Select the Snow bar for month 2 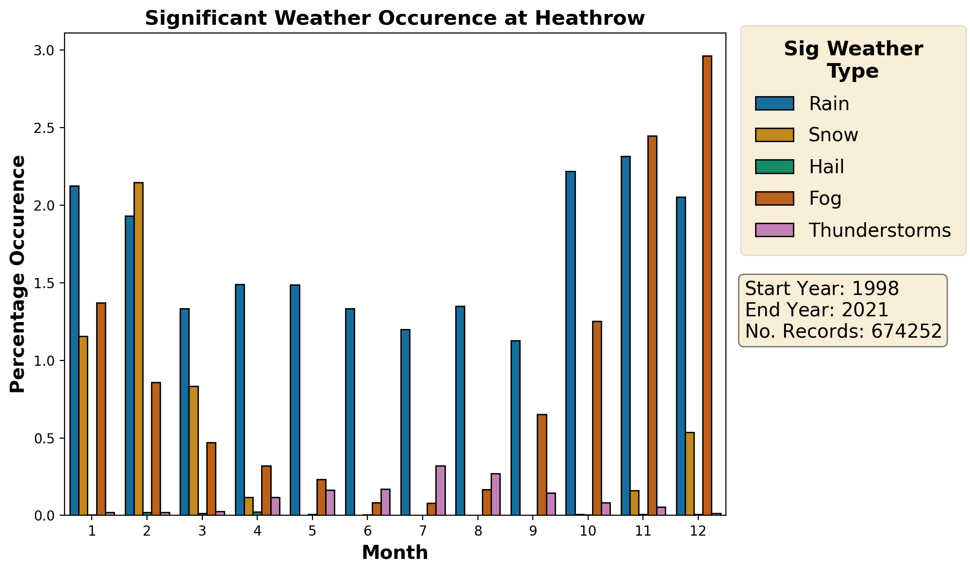[138, 349]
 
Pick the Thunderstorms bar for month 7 [441, 490]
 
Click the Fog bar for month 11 [652, 326]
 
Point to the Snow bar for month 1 [83, 425]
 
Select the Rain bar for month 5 [295, 400]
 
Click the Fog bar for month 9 [542, 465]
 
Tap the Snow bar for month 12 [690, 474]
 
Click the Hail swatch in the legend [774, 166]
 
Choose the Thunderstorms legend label [880, 230]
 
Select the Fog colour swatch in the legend [774, 198]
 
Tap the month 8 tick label [478, 531]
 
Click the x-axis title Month [395, 553]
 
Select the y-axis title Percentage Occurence [18, 274]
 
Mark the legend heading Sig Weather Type [853, 60]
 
